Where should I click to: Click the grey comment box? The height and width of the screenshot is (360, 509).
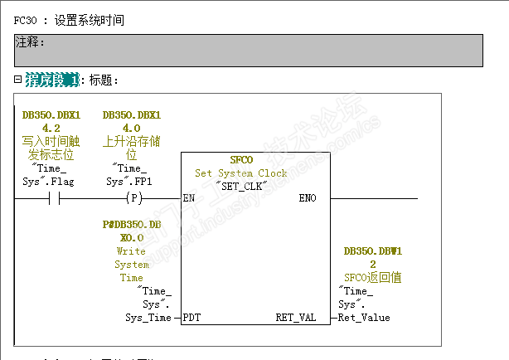(248, 50)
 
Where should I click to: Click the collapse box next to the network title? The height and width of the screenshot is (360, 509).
(17, 80)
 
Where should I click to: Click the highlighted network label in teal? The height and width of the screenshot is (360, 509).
(52, 80)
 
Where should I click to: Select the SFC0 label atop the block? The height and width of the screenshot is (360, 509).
(240, 160)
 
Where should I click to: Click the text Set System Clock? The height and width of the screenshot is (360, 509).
(240, 173)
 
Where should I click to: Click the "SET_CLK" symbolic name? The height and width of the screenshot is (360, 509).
(240, 185)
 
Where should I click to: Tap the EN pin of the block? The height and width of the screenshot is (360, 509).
(189, 199)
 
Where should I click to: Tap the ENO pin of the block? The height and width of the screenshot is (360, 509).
(308, 199)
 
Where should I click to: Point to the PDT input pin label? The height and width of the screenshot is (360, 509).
(191, 318)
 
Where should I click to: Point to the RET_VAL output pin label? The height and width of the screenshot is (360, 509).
(296, 318)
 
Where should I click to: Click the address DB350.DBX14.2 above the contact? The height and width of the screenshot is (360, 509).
(51, 121)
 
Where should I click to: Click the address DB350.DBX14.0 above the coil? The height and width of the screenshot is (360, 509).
(132, 121)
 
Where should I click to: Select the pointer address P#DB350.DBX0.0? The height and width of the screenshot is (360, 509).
(132, 231)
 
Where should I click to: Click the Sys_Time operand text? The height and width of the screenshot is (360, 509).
(148, 318)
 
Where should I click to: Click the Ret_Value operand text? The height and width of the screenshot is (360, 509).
(364, 318)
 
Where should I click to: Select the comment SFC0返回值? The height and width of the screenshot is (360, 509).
(372, 278)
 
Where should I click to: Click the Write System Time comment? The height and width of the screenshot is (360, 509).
(132, 265)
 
